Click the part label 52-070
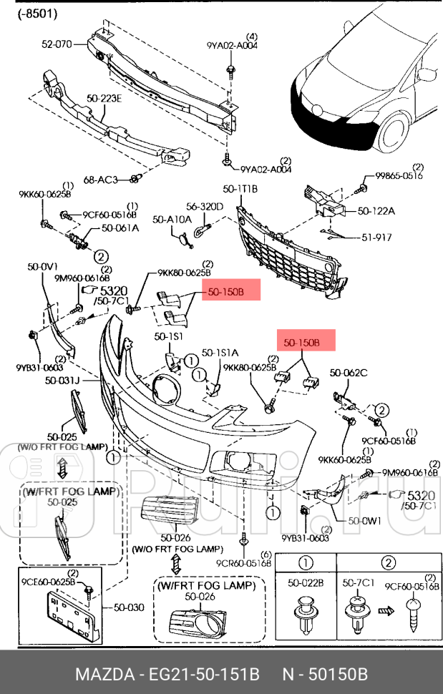(x=57, y=44)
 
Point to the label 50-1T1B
(x=240, y=189)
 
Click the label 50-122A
(x=376, y=211)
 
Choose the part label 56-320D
(x=205, y=207)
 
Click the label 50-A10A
(x=170, y=220)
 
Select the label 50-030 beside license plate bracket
(x=129, y=607)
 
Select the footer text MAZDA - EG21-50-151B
(x=167, y=674)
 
